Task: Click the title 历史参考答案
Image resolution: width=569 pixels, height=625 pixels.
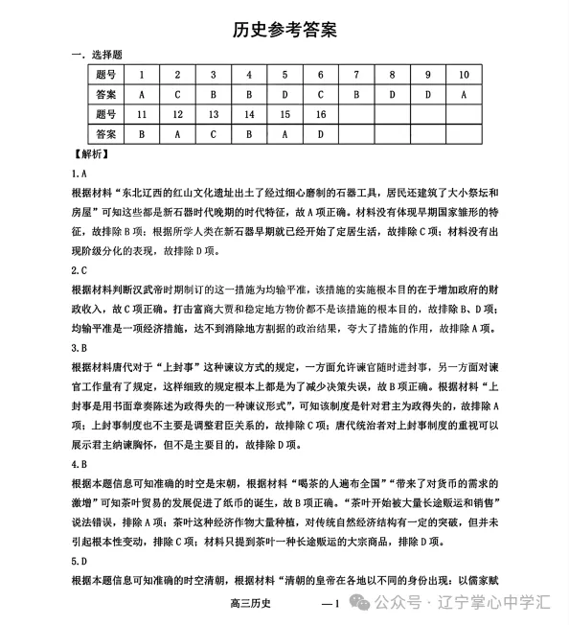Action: [x=284, y=30]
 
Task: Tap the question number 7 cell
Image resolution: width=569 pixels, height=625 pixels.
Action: [x=355, y=74]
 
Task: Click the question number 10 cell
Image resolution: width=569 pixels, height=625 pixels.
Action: [x=464, y=74]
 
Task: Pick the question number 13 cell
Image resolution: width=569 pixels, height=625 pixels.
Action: [x=213, y=114]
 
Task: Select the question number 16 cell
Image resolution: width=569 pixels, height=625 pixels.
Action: [x=320, y=114]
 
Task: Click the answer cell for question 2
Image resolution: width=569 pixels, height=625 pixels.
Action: [x=177, y=94]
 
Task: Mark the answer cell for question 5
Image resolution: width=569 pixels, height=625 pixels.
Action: [x=284, y=94]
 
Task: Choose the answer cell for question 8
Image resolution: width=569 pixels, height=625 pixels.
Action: [x=392, y=94]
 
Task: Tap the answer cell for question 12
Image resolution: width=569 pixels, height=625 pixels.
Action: [x=177, y=134]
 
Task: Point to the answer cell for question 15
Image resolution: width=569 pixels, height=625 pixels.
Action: [x=284, y=134]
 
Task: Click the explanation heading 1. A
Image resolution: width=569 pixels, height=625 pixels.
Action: [x=80, y=173]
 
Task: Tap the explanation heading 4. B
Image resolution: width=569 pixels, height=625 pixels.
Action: [x=80, y=465]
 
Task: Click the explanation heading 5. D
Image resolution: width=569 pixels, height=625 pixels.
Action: [x=80, y=562]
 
